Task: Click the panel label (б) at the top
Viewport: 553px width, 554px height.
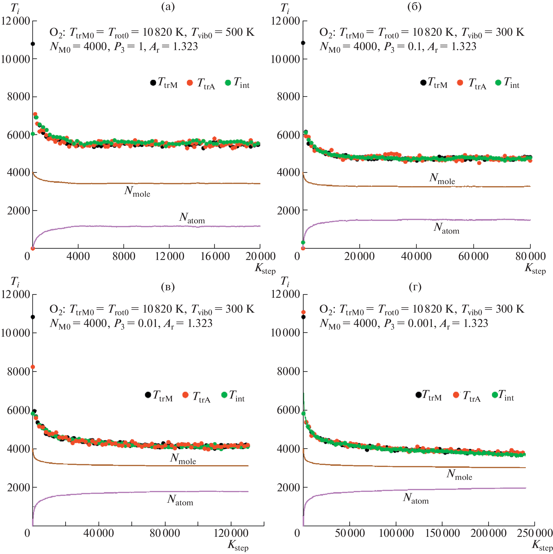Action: click(x=414, y=7)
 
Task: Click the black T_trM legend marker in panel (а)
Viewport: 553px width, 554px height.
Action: click(x=153, y=82)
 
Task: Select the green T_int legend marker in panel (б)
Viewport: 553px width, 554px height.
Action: click(x=498, y=82)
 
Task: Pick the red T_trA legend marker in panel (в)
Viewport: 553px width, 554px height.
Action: click(x=185, y=395)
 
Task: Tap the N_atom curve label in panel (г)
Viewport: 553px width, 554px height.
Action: click(x=416, y=498)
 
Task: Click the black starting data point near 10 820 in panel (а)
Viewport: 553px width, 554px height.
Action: click(x=33, y=44)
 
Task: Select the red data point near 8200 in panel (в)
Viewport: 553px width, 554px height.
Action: click(x=33, y=367)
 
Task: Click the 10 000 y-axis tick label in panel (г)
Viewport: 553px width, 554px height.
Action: click(x=285, y=333)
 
